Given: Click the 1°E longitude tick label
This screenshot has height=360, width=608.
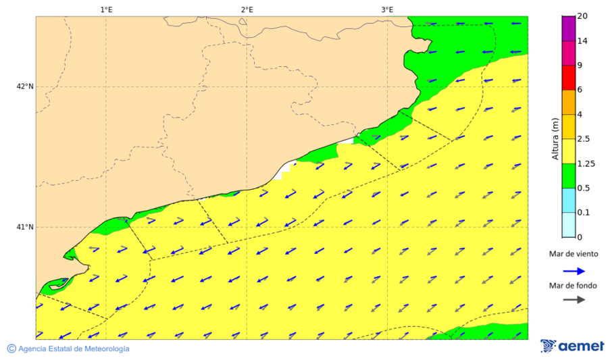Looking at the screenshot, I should tap(106, 9).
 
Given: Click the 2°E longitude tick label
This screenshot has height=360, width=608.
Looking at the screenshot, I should tap(247, 9).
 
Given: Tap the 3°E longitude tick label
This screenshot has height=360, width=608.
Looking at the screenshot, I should tap(387, 9).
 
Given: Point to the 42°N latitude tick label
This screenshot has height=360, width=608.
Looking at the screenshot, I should tap(25, 86).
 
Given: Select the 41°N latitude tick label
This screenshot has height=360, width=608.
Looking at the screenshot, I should tap(25, 227).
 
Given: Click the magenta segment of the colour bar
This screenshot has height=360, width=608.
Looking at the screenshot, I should tap(568, 28).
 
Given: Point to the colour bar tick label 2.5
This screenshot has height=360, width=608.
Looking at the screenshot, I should tap(584, 139).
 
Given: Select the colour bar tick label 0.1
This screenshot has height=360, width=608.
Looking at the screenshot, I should tap(583, 213).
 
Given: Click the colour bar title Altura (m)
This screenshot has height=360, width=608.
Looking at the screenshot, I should tap(555, 139).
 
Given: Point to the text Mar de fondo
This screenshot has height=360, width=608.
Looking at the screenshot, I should tap(573, 286).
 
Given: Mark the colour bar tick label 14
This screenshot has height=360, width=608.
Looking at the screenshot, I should tap(582, 41).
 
